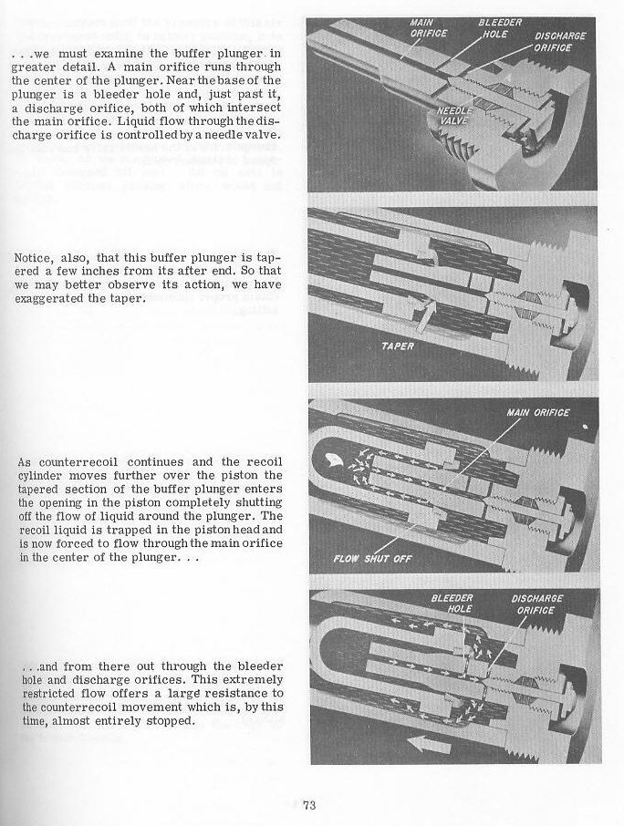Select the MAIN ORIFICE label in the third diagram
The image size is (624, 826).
537,413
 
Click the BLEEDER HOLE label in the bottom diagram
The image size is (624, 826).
451,604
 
